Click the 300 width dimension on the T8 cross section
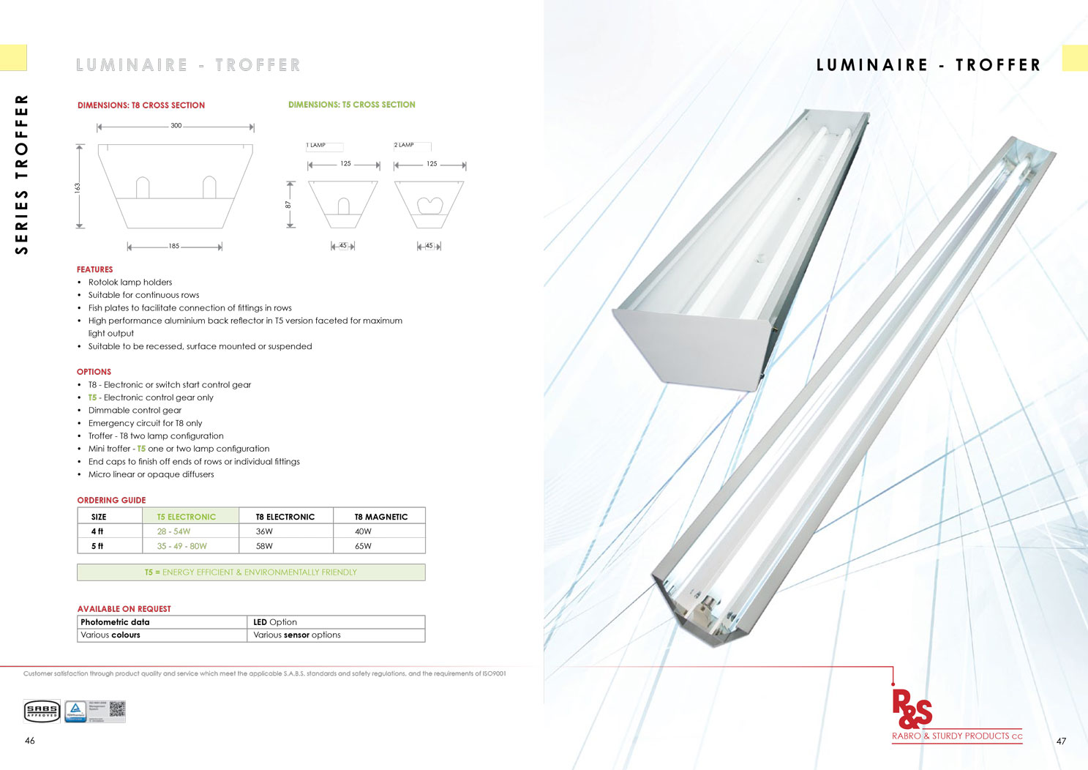point(176,126)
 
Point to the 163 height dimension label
point(77,187)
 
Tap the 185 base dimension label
point(173,247)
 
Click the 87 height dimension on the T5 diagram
point(288,205)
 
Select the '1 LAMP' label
point(317,146)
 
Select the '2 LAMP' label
point(404,145)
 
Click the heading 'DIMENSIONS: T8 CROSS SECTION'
point(141,105)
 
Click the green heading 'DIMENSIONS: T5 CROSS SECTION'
point(351,105)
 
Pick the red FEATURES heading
point(94,269)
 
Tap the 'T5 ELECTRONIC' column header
point(187,517)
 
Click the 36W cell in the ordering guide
point(264,531)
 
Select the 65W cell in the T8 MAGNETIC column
point(363,546)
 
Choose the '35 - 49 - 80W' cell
point(182,546)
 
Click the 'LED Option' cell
point(275,622)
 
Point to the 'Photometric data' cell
point(115,622)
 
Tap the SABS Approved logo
point(42,711)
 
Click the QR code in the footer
point(117,709)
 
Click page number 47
point(1061,741)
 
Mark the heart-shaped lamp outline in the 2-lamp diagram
point(429,205)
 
